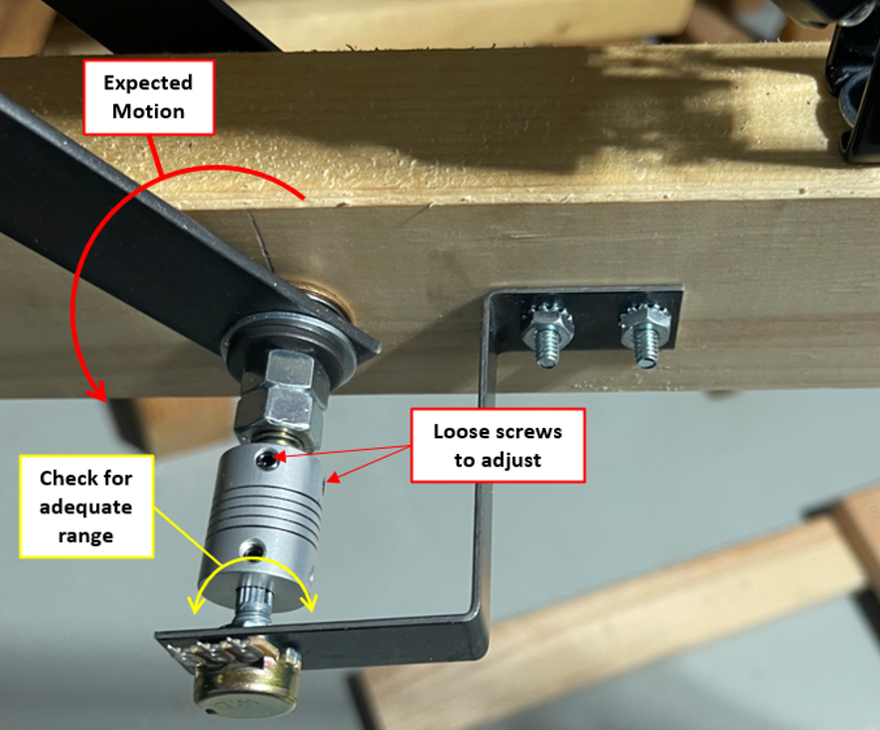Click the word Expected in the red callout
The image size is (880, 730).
click(x=148, y=83)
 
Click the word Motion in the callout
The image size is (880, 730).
click(x=148, y=111)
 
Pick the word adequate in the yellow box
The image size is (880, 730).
click(x=85, y=508)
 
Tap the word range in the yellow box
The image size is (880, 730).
click(x=85, y=536)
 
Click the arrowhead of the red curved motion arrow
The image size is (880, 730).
click(x=97, y=390)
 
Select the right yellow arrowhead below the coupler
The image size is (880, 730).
click(x=309, y=603)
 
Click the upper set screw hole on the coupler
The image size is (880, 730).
click(x=264, y=461)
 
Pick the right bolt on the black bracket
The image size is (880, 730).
click(x=646, y=334)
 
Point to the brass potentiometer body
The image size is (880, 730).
click(x=247, y=683)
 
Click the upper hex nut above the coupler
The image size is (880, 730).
click(x=290, y=372)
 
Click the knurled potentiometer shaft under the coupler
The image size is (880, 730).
click(x=254, y=606)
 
